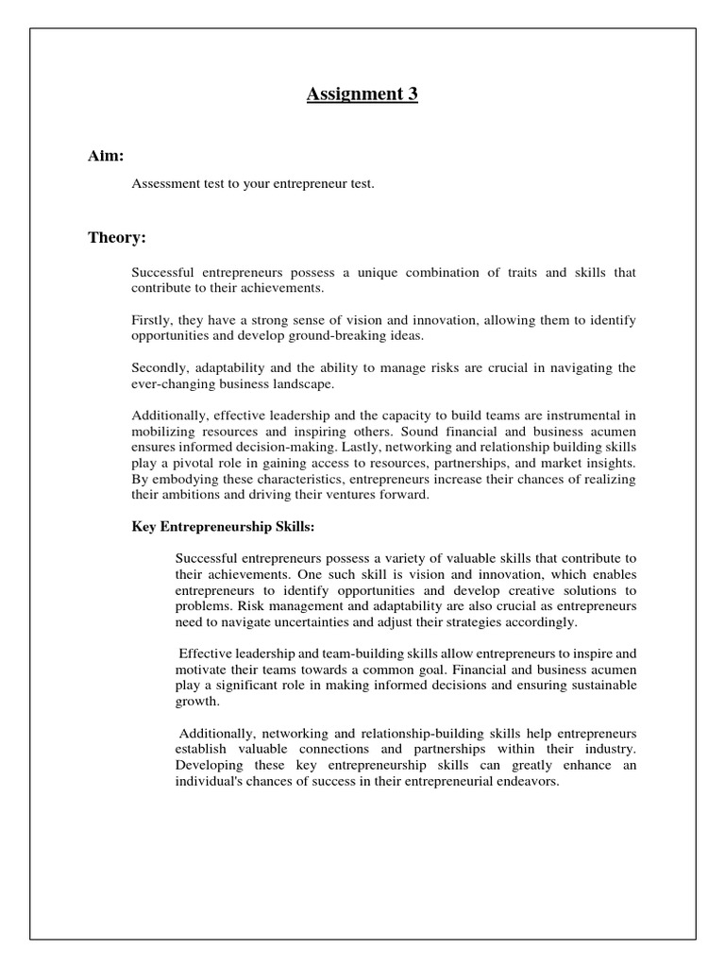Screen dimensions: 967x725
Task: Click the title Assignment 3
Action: point(362,93)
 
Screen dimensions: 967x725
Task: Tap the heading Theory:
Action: point(117,237)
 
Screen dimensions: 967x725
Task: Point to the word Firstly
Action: point(151,321)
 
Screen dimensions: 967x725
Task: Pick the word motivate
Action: point(200,670)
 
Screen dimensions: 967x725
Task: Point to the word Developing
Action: point(209,764)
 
